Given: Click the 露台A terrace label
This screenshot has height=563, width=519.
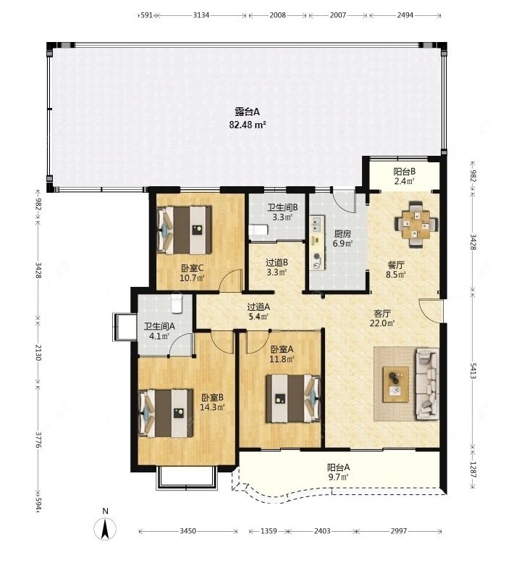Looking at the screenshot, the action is click(x=247, y=112).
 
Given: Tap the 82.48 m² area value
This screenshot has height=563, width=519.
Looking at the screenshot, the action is click(x=248, y=125).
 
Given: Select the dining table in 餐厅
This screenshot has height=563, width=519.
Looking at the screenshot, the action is click(x=415, y=225).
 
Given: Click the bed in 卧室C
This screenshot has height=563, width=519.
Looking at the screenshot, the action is click(x=185, y=230).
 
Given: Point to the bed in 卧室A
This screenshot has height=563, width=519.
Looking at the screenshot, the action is click(x=293, y=399).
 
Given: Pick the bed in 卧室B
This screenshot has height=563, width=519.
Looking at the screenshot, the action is click(x=166, y=413).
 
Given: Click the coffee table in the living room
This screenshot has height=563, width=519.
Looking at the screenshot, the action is click(x=396, y=385).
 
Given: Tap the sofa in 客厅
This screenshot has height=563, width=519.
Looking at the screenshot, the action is click(x=427, y=384).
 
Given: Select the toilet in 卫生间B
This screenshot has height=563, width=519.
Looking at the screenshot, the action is click(x=258, y=230).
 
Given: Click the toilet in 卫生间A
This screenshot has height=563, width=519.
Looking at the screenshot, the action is click(x=177, y=304).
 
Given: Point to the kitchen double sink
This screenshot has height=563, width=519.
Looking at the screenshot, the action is click(x=317, y=225).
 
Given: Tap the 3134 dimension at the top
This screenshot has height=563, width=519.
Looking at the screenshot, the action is click(x=201, y=15).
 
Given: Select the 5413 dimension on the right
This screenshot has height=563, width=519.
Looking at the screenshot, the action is click(x=473, y=371).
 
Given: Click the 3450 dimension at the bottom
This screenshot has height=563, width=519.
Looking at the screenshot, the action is click(x=187, y=530).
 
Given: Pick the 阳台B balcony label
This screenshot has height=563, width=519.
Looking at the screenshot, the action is click(x=404, y=172).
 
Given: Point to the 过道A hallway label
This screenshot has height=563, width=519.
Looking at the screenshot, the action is click(x=258, y=307).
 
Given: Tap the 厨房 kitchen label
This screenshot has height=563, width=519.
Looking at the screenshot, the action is click(x=342, y=234).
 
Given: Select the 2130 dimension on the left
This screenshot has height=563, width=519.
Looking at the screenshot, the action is click(x=38, y=353).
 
